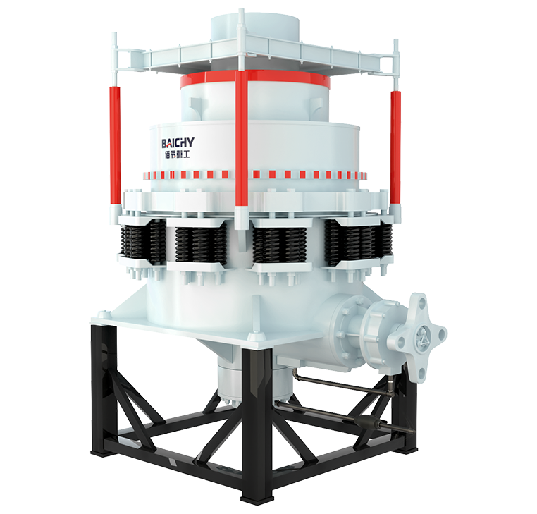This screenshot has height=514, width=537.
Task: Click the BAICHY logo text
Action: point(178,142)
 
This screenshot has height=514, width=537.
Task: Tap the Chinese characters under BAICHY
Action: point(177,154)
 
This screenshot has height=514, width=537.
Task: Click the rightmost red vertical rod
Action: point(395,147)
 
